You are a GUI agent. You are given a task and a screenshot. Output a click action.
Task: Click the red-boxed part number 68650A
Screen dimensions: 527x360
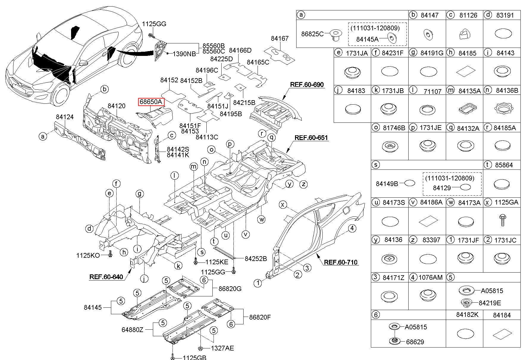[x=151, y=102]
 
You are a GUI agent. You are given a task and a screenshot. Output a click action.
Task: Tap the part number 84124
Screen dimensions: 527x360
[x=65, y=117]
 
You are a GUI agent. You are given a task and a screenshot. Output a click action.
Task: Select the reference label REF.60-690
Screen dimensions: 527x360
[x=307, y=84]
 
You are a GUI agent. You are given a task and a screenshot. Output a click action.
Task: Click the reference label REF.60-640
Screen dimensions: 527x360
[x=106, y=277]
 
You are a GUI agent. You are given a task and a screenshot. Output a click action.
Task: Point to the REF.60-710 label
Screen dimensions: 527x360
[x=341, y=262]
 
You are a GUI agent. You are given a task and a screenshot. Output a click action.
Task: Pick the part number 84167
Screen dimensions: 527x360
[x=280, y=39]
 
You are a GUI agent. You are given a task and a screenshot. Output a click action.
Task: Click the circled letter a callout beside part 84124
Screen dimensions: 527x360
[x=43, y=136]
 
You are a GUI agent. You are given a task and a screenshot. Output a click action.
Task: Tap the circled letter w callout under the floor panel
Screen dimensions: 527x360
[x=262, y=220]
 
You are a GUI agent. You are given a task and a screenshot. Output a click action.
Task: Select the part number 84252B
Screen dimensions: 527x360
[x=256, y=259]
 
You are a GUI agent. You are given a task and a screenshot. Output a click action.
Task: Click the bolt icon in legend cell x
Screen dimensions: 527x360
[x=502, y=220]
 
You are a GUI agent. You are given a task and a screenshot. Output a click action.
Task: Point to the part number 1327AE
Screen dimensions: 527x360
[x=222, y=348]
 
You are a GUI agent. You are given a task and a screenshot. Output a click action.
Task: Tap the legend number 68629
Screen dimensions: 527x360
[x=415, y=342]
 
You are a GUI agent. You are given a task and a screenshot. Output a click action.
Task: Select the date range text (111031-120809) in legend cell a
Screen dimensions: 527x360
[x=375, y=28]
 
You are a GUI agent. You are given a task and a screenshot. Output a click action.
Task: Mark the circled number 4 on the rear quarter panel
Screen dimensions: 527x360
[x=352, y=228]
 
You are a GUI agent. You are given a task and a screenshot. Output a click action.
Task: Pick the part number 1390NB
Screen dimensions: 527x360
[x=184, y=54]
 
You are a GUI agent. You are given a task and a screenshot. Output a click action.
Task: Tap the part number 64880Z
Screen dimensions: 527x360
[x=132, y=330]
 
